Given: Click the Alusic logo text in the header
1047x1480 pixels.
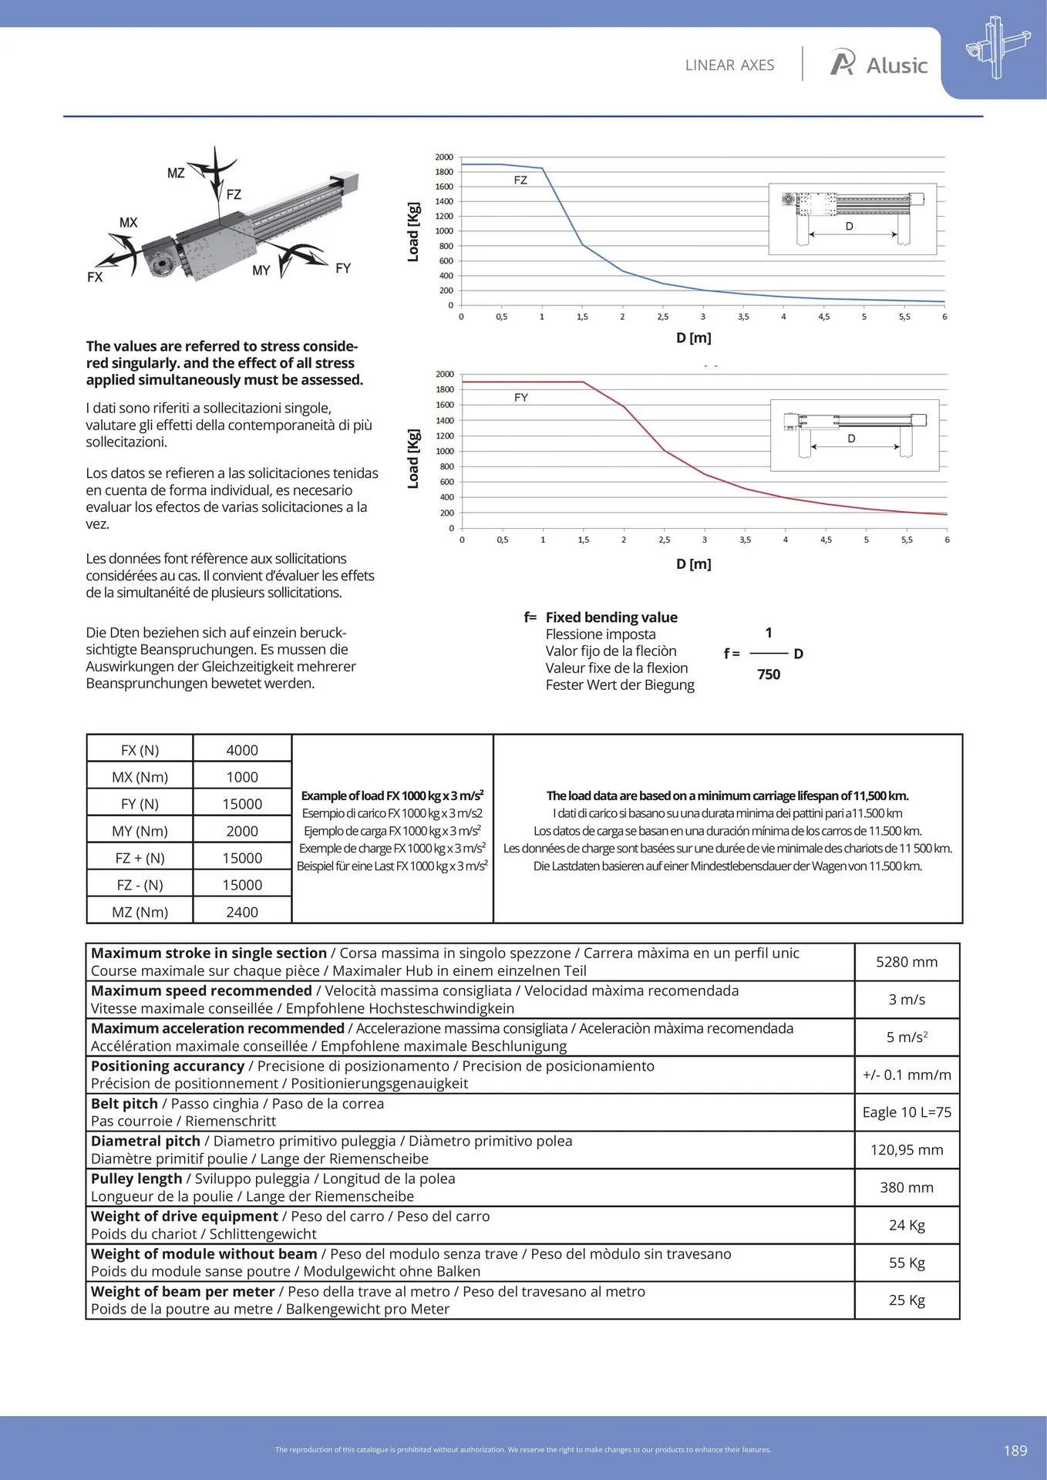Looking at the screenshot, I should click(x=897, y=66).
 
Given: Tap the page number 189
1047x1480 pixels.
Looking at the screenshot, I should click(x=1015, y=1451).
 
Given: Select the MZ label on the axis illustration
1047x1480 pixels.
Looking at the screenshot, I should click(x=176, y=173).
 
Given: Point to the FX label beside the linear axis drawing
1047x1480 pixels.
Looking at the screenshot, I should click(x=95, y=277).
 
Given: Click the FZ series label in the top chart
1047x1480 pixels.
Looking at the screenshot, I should click(x=520, y=180).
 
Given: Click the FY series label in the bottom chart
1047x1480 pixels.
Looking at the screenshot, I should click(x=521, y=398).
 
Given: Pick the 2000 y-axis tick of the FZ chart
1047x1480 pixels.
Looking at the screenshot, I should click(x=445, y=157).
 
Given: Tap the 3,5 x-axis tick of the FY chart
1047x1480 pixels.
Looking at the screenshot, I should click(x=745, y=540).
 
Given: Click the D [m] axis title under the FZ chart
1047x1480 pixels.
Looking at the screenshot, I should click(x=694, y=338).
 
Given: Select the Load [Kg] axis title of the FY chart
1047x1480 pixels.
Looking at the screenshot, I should click(x=414, y=459).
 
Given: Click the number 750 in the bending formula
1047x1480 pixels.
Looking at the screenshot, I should click(x=769, y=674).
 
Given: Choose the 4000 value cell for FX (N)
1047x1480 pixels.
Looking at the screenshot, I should click(x=242, y=750).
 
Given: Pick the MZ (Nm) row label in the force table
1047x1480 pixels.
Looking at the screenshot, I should click(x=140, y=912).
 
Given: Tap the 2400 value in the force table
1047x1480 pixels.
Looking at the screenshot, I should click(x=242, y=912).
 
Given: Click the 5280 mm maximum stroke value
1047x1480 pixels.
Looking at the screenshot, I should click(x=907, y=962).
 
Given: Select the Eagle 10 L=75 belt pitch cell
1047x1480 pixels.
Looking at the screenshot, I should click(x=907, y=1112).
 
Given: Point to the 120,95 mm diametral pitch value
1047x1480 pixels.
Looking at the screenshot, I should click(x=907, y=1150).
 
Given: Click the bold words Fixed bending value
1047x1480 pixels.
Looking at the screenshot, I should click(x=611, y=617).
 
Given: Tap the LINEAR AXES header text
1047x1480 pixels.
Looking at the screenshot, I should click(x=729, y=66).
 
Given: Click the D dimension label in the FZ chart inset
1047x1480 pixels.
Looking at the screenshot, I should click(x=849, y=227).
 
